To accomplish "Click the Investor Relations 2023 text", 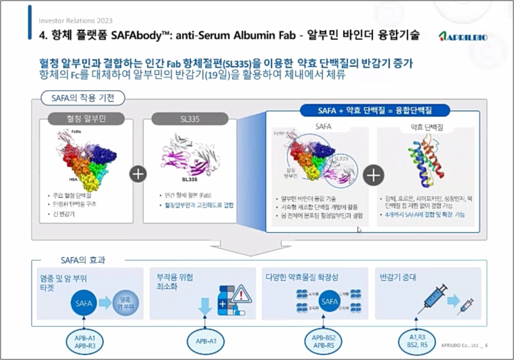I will pyautogui.click(x=75, y=21).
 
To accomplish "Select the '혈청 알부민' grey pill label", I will pyautogui.click(x=86, y=119).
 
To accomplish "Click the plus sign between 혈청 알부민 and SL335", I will pyautogui.click(x=138, y=174).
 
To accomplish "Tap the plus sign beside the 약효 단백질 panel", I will pyautogui.click(x=373, y=175).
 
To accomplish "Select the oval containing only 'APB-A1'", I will pyautogui.click(x=206, y=341).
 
